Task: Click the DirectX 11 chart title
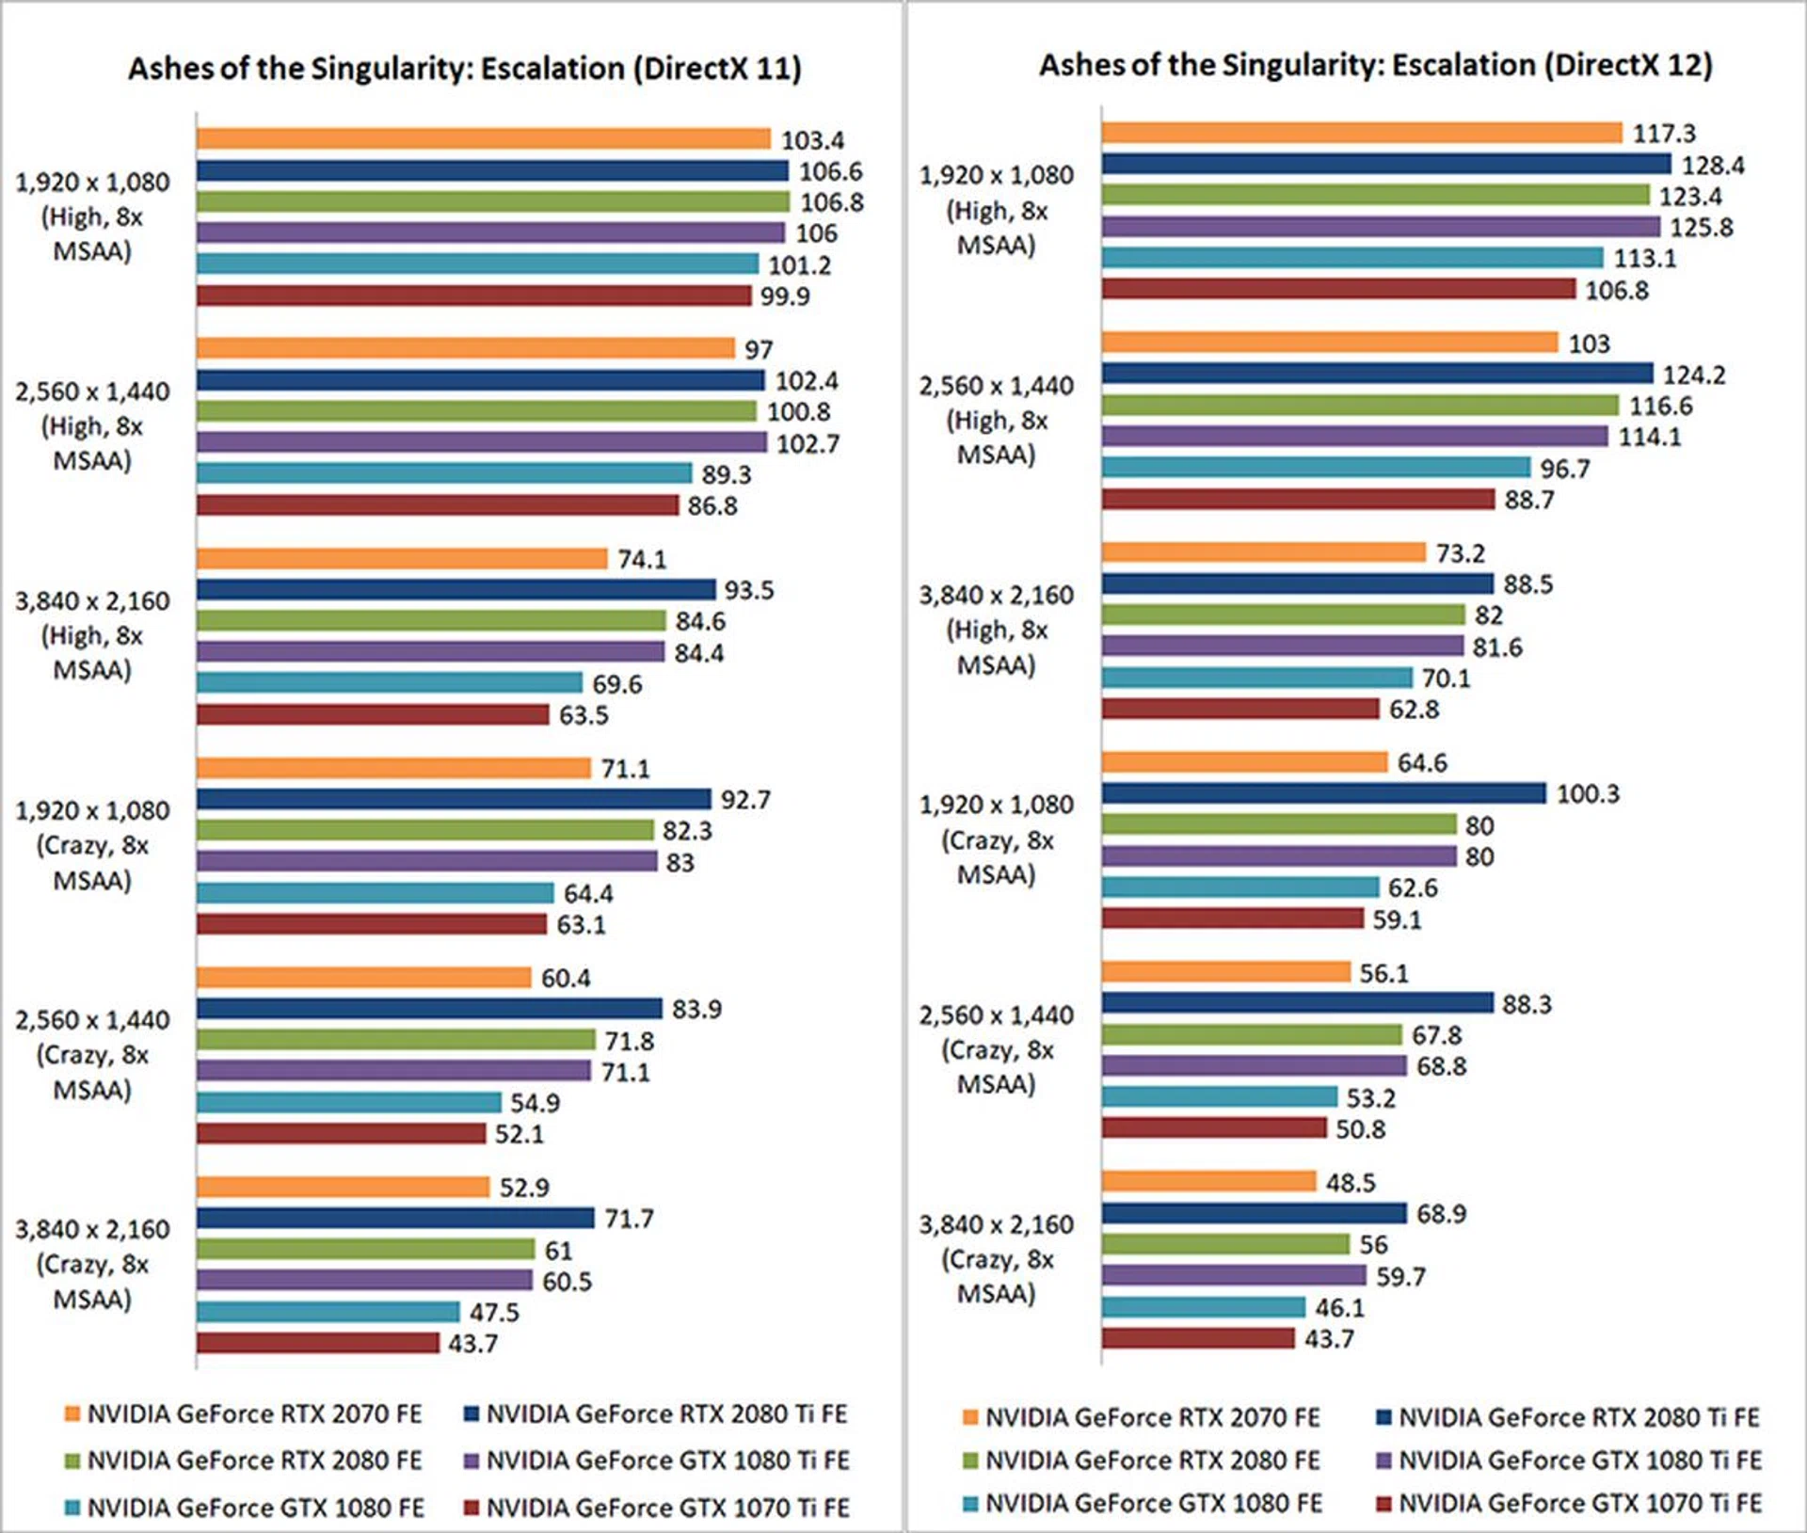[465, 69]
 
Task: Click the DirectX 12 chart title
[1375, 65]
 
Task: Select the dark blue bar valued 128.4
[1385, 165]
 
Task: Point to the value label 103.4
[812, 140]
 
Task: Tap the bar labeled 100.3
[1323, 793]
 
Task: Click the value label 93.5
[749, 590]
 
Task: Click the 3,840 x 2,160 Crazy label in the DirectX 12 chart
[997, 1259]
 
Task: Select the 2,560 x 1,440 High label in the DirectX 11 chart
[92, 425]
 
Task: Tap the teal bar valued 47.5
[328, 1312]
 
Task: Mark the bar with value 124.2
[1377, 374]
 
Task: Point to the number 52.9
[524, 1188]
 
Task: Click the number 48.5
[1351, 1183]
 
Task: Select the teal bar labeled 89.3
[444, 473]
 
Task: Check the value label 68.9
[1441, 1214]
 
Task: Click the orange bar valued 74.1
[402, 559]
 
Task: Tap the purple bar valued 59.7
[1233, 1275]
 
